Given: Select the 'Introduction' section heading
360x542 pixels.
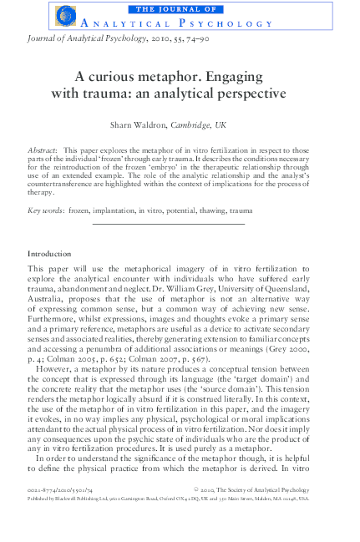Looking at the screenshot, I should [x=49, y=252].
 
